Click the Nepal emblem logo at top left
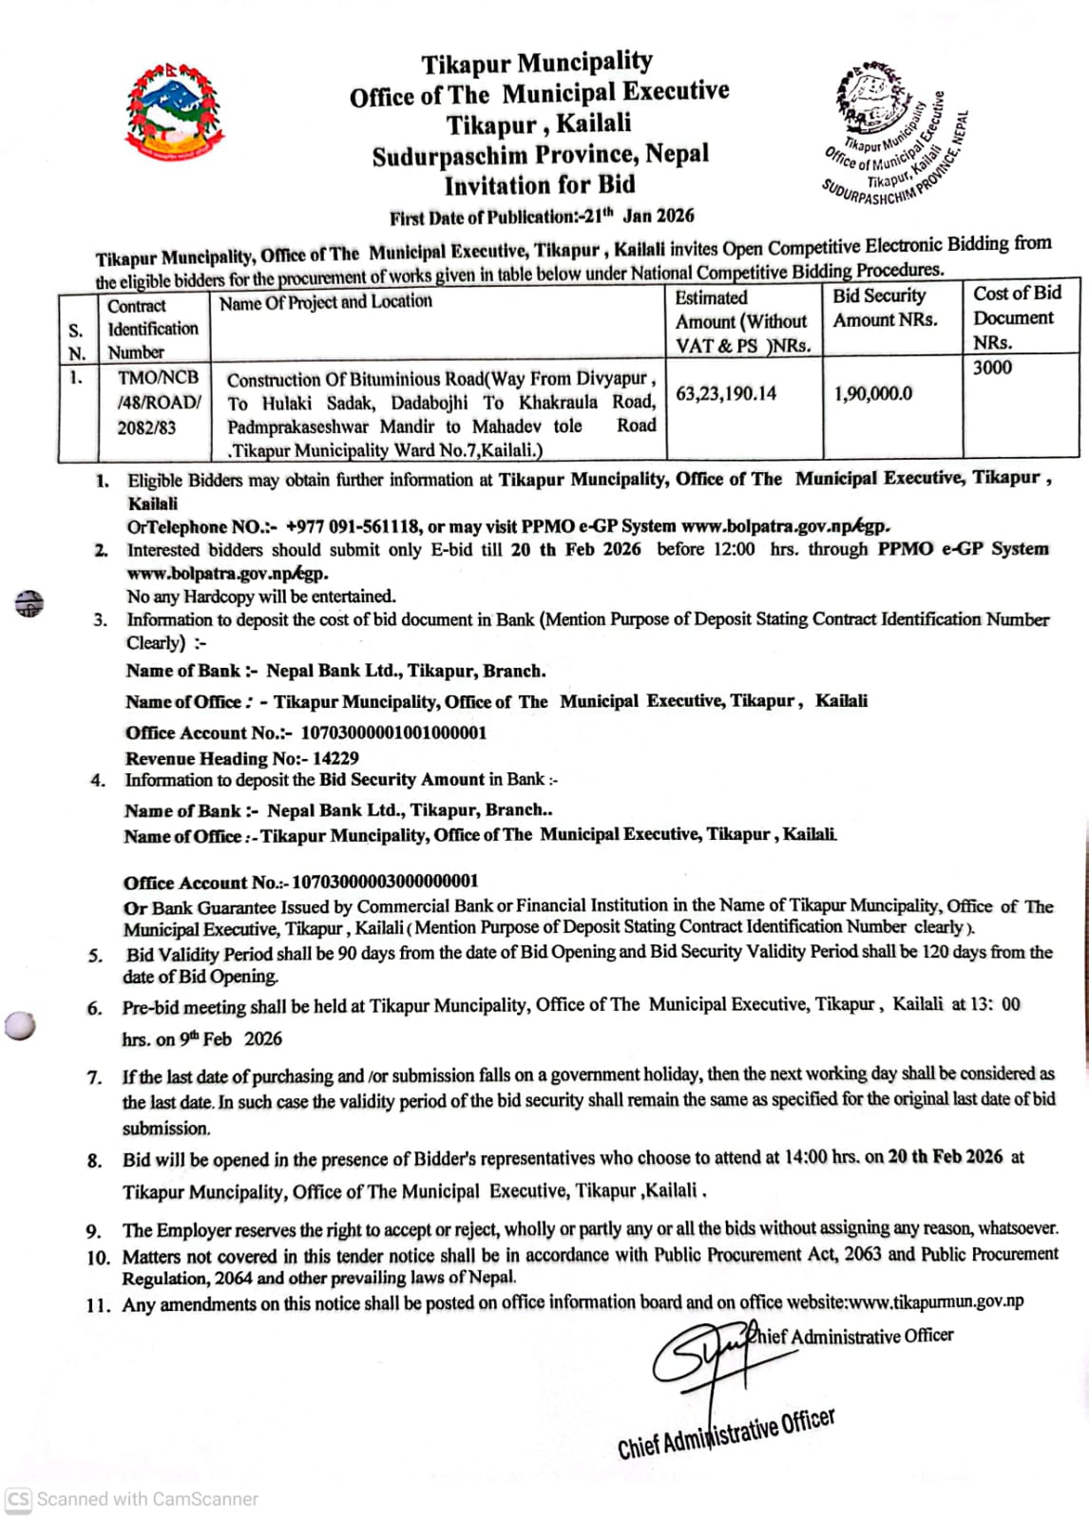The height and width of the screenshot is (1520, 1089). point(175,112)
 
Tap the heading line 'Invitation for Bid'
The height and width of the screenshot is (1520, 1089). point(539,185)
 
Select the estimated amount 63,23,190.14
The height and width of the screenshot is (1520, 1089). point(726,393)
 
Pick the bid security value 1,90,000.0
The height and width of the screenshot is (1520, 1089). point(872,393)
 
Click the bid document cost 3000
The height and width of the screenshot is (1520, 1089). point(992,368)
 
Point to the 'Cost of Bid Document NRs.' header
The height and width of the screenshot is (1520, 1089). point(1016,317)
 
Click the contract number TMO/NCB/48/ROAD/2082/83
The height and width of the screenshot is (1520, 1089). point(158,402)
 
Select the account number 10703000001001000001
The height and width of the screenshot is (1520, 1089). point(393,732)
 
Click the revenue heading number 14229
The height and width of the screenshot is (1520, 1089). point(335,758)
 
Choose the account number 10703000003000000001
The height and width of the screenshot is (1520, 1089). point(385,882)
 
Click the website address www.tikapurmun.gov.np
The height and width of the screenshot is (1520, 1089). point(936,1301)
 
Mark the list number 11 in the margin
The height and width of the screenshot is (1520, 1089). point(98,1305)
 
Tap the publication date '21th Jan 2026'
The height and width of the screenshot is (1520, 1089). point(640,216)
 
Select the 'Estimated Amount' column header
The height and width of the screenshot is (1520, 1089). point(742,321)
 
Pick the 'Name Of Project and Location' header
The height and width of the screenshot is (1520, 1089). point(325,302)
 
